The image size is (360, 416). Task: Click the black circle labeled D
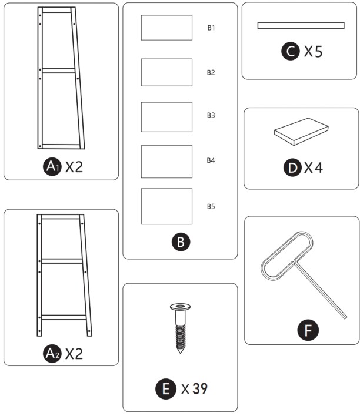point(292,168)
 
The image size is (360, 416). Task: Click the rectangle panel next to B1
point(166,28)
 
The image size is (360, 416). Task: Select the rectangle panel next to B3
point(166,117)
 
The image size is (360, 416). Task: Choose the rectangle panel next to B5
point(166,206)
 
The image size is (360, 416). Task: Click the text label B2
point(211,73)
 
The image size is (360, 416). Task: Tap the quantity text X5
point(313,52)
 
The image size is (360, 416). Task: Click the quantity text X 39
point(194,388)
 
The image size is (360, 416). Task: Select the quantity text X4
point(314,168)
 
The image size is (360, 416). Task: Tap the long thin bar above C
point(301,25)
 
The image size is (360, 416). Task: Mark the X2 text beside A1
point(74,167)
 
